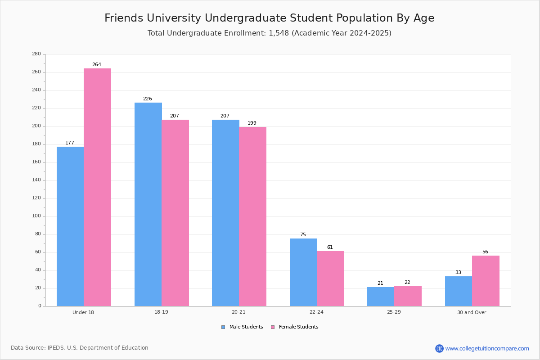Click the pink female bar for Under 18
pos(97,187)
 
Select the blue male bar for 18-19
pos(148,204)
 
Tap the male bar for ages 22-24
pos(303,272)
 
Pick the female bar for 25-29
pos(408,296)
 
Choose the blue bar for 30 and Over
pos(459,291)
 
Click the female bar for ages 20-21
pos(253,216)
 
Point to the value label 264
pos(97,65)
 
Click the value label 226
pos(148,99)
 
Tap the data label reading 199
pos(252,123)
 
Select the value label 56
pos(485,252)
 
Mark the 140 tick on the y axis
pos(36,180)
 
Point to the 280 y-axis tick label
pos(36,54)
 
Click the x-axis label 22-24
pos(316,312)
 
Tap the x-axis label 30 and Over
pos(472,312)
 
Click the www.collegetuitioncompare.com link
pos(487,348)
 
